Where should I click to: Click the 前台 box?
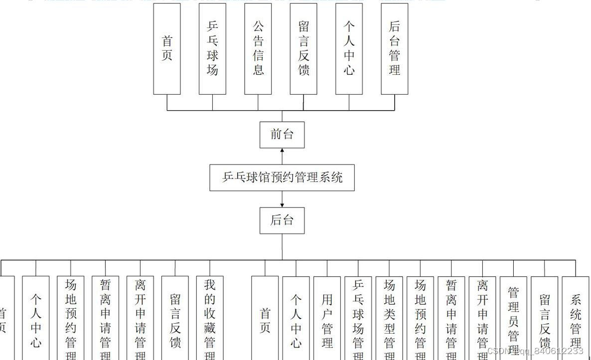(282, 135)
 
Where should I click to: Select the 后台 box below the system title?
(282, 220)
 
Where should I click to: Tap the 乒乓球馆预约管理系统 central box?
(282, 178)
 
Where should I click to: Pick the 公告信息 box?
(258, 48)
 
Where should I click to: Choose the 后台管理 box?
(395, 48)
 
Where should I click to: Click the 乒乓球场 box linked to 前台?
(212, 48)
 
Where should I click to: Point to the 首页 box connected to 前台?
(167, 48)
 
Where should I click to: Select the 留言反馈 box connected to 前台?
(303, 48)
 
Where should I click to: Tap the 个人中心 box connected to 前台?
(349, 48)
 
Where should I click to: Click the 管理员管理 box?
(513, 317)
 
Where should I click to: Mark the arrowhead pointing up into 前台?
(282, 151)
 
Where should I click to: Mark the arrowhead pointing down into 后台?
(282, 204)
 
